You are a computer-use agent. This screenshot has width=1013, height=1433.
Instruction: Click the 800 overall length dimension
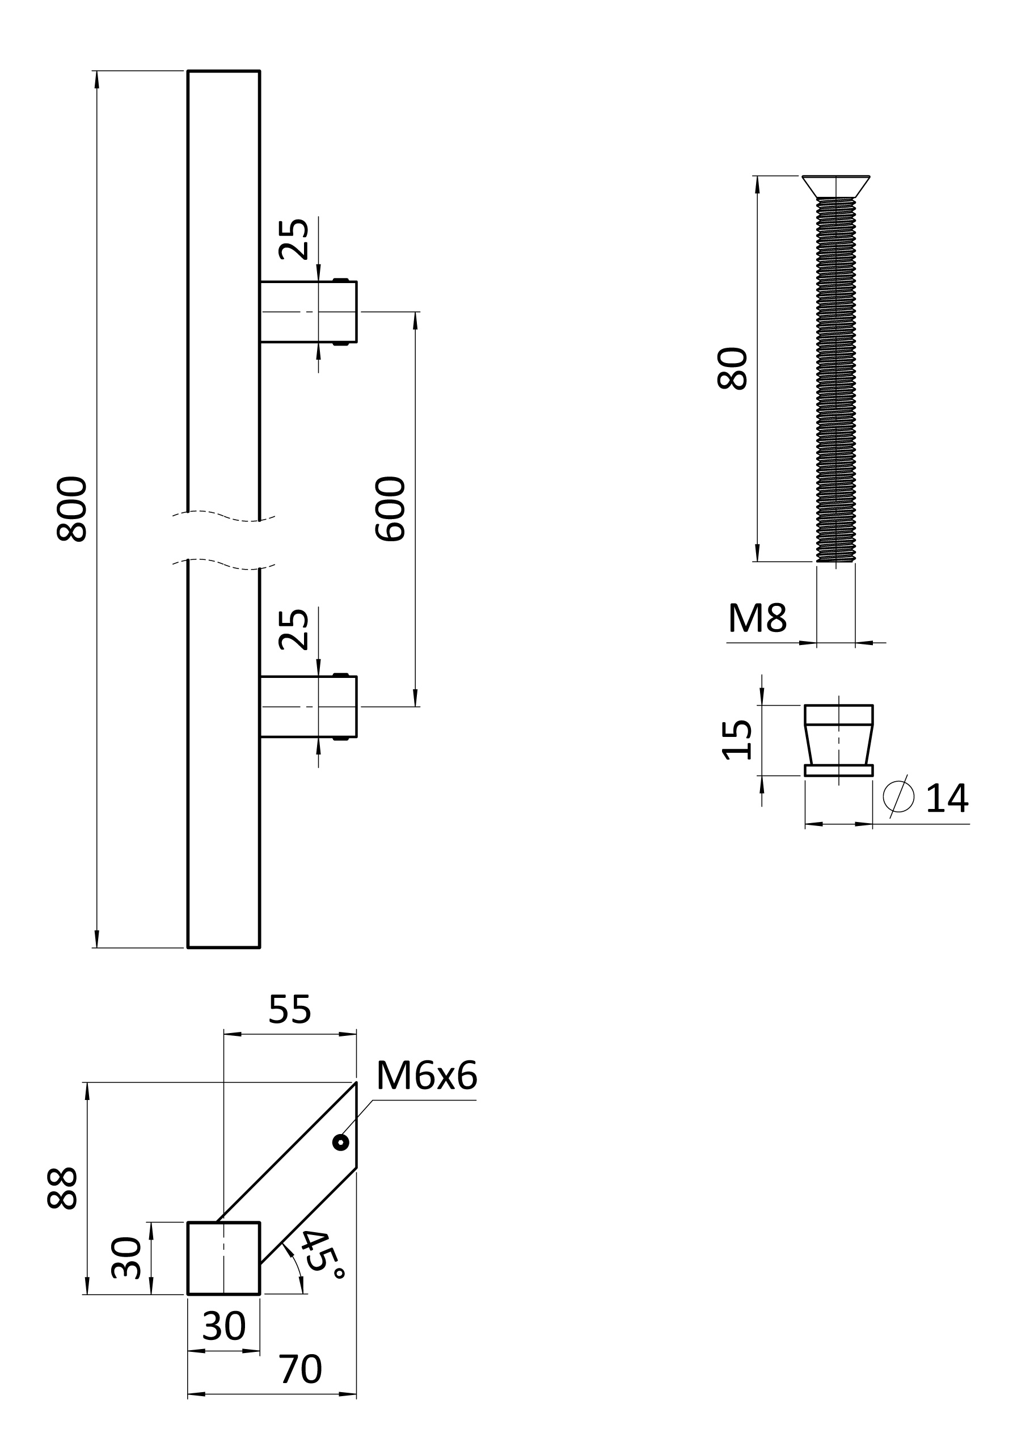[x=72, y=509]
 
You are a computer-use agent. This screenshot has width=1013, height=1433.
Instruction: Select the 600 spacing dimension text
[x=391, y=509]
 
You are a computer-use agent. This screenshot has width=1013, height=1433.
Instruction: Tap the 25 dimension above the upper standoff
[x=293, y=239]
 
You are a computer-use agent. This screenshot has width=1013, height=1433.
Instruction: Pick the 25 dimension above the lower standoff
[x=293, y=629]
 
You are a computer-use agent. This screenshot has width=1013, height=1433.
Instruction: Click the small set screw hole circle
[x=341, y=1143]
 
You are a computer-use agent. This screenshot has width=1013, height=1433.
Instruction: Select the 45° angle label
[x=322, y=1254]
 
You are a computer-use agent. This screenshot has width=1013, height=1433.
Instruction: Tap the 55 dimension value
[x=290, y=1009]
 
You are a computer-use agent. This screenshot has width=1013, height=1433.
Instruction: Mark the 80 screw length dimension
[x=732, y=369]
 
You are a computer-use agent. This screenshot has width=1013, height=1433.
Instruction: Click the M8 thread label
[x=757, y=618]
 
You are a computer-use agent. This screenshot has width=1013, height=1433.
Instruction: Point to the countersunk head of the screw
[x=835, y=187]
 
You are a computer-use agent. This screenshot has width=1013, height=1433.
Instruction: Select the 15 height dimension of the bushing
[x=737, y=740]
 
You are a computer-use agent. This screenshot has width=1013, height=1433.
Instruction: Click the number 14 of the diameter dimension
[x=947, y=798]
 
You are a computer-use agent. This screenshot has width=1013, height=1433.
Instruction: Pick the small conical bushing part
[x=839, y=740]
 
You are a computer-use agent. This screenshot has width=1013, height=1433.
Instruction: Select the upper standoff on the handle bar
[x=309, y=311]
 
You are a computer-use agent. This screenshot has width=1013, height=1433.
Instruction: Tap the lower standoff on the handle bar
[x=309, y=706]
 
